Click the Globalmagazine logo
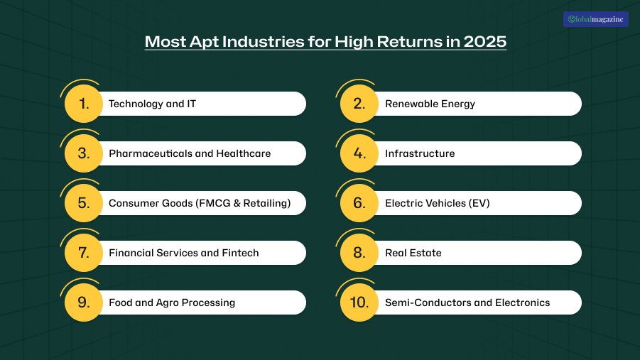(595, 19)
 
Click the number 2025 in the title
(485, 42)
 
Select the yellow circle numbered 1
(84, 104)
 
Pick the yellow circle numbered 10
(359, 302)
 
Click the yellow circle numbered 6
(359, 203)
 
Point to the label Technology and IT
(152, 104)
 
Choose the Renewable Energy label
(430, 104)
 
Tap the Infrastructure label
(420, 153)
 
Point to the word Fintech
(240, 253)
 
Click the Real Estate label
(413, 253)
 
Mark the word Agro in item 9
(167, 303)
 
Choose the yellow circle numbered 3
(84, 153)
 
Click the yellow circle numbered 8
(359, 253)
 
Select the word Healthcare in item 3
(243, 153)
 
